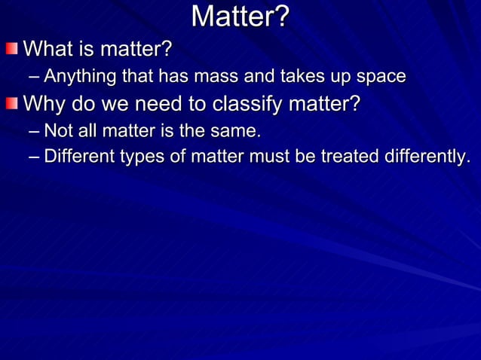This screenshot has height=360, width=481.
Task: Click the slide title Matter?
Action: click(240, 17)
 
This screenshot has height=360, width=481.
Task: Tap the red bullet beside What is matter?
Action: click(12, 50)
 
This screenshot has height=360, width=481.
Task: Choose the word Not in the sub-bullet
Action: click(59, 132)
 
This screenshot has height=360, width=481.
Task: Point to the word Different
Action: click(77, 157)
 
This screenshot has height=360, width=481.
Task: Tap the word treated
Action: click(351, 157)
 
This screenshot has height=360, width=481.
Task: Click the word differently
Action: click(427, 157)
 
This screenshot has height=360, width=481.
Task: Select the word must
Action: click(270, 157)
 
